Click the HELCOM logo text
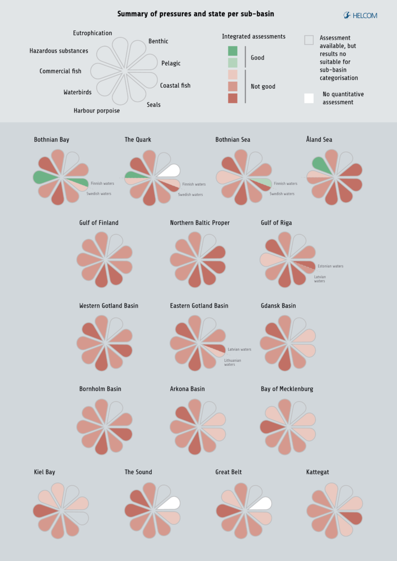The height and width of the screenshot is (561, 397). pyautogui.click(x=364, y=15)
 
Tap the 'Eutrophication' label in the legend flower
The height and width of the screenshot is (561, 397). pyautogui.click(x=92, y=33)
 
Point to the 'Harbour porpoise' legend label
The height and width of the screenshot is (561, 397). pyautogui.click(x=97, y=111)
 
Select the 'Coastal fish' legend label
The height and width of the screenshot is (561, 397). pyautogui.click(x=175, y=86)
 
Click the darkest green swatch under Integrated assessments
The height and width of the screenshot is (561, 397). pyautogui.click(x=233, y=51)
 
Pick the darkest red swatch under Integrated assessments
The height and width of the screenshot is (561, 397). pyautogui.click(x=233, y=98)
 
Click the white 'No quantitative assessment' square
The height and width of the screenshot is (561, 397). pyautogui.click(x=309, y=98)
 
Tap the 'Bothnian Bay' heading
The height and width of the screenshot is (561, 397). pyautogui.click(x=52, y=140)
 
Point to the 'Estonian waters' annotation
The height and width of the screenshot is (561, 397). pyautogui.click(x=331, y=266)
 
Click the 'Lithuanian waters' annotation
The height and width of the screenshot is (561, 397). pyautogui.click(x=232, y=362)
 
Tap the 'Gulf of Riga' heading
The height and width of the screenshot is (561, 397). pyautogui.click(x=276, y=223)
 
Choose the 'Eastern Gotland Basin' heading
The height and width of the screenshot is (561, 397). pyautogui.click(x=199, y=306)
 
